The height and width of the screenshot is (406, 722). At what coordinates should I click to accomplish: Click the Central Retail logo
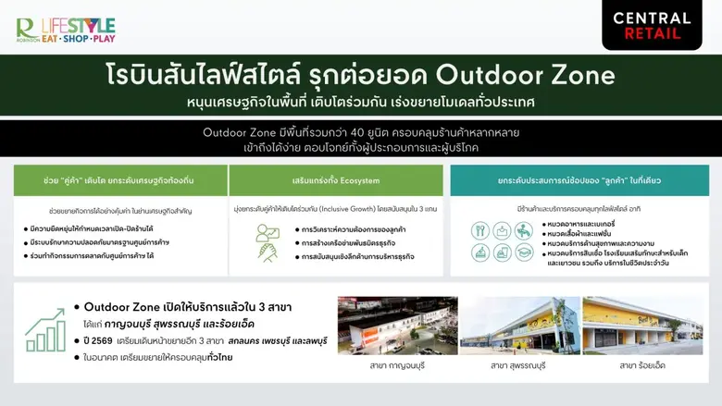(651, 25)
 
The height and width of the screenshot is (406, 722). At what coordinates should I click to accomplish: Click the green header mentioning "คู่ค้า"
(120, 180)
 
